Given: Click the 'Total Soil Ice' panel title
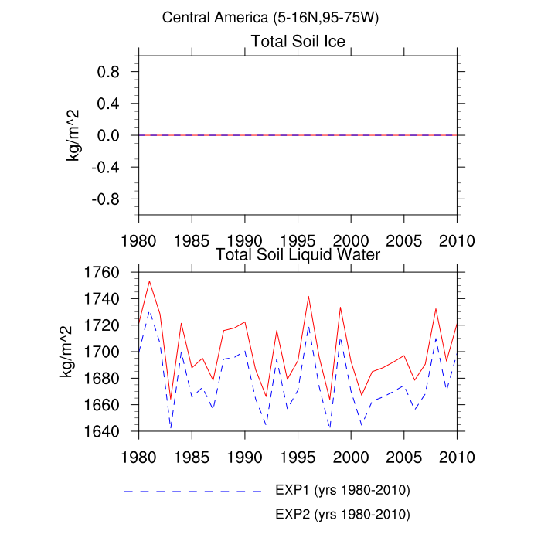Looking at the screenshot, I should (x=298, y=40).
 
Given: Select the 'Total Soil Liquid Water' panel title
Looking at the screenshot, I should (x=298, y=253).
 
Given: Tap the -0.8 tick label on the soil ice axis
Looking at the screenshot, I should (x=111, y=199).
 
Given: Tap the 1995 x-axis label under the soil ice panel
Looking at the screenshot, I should (x=298, y=237).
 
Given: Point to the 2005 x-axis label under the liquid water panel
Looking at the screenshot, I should (x=403, y=454).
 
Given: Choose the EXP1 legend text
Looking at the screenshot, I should (x=342, y=491).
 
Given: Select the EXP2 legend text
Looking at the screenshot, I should (x=342, y=514).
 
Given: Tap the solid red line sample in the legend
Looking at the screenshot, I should (x=193, y=514).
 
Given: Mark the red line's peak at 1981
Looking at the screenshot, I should (x=149, y=281).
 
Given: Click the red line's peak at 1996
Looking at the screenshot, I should (x=308, y=296).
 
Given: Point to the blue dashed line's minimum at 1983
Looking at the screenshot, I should (x=170, y=427).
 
